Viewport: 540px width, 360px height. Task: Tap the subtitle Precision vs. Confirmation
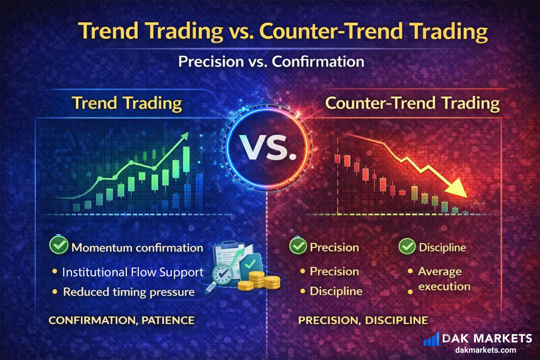pyautogui.click(x=271, y=62)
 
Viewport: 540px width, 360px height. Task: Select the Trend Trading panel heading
pyautogui.click(x=127, y=103)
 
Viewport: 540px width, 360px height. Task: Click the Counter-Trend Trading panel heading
pyautogui.click(x=412, y=103)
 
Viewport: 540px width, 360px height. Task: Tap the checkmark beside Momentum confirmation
pyautogui.click(x=59, y=245)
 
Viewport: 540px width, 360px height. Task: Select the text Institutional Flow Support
pyautogui.click(x=133, y=272)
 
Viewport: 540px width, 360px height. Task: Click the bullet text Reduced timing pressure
pyautogui.click(x=129, y=292)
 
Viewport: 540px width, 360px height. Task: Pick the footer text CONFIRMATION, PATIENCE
pyautogui.click(x=121, y=320)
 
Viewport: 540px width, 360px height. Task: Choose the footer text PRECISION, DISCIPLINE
pyautogui.click(x=363, y=320)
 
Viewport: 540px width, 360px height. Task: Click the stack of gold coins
pyautogui.click(x=259, y=281)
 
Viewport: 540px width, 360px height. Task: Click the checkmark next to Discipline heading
pyautogui.click(x=407, y=246)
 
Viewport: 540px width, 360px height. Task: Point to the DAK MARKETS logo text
pyautogui.click(x=487, y=338)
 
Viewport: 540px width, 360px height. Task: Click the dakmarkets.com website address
pyautogui.click(x=486, y=350)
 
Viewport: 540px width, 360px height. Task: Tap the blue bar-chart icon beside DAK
pyautogui.click(x=431, y=339)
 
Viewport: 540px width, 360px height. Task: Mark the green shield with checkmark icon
pyautogui.click(x=250, y=264)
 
